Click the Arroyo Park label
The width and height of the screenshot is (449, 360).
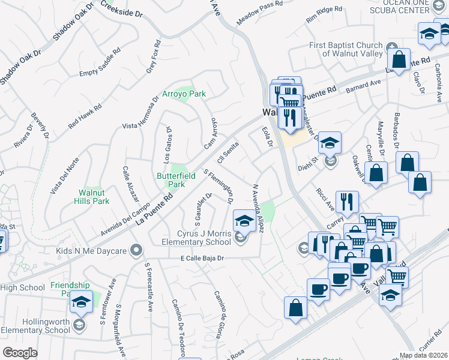click(184, 94)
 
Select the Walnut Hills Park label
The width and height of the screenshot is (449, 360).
click(94, 197)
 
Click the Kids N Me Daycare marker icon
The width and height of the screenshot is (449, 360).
click(137, 249)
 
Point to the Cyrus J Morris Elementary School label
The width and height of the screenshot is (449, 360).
click(196, 238)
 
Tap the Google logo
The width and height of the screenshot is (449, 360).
click(20, 353)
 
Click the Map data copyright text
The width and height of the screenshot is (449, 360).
click(423, 355)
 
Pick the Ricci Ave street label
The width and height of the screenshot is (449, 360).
click(325, 198)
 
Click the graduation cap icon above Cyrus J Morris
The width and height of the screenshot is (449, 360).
click(244, 221)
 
